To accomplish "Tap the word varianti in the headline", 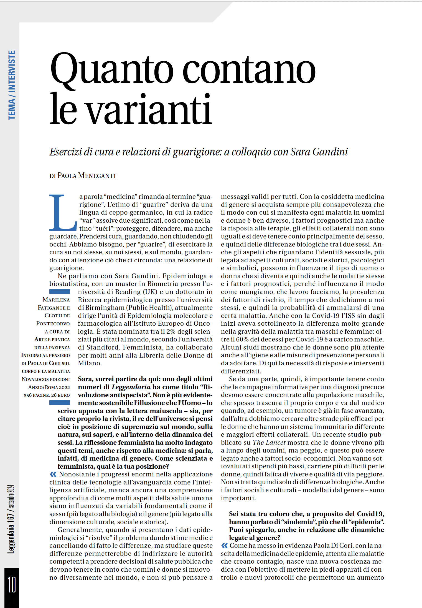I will pos(149,109).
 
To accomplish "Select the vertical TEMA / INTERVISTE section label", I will pos(12,85).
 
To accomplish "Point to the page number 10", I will pos(12,584).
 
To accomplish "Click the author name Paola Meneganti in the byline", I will pos(87,176).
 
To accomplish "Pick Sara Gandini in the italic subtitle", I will pos(319,152).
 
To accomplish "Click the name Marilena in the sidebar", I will pos(56,300).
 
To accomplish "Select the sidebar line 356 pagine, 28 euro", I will pos(47,395).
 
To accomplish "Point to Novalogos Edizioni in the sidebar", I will pos(46,379).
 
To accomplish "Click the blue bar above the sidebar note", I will pos(60,292).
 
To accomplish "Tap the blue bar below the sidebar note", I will pos(60,403).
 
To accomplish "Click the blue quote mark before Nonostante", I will pos(53,474).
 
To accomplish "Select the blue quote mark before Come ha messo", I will pos(224,546).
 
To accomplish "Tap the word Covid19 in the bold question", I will pos(370,514).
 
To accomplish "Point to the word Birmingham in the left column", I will pos(105,308).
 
